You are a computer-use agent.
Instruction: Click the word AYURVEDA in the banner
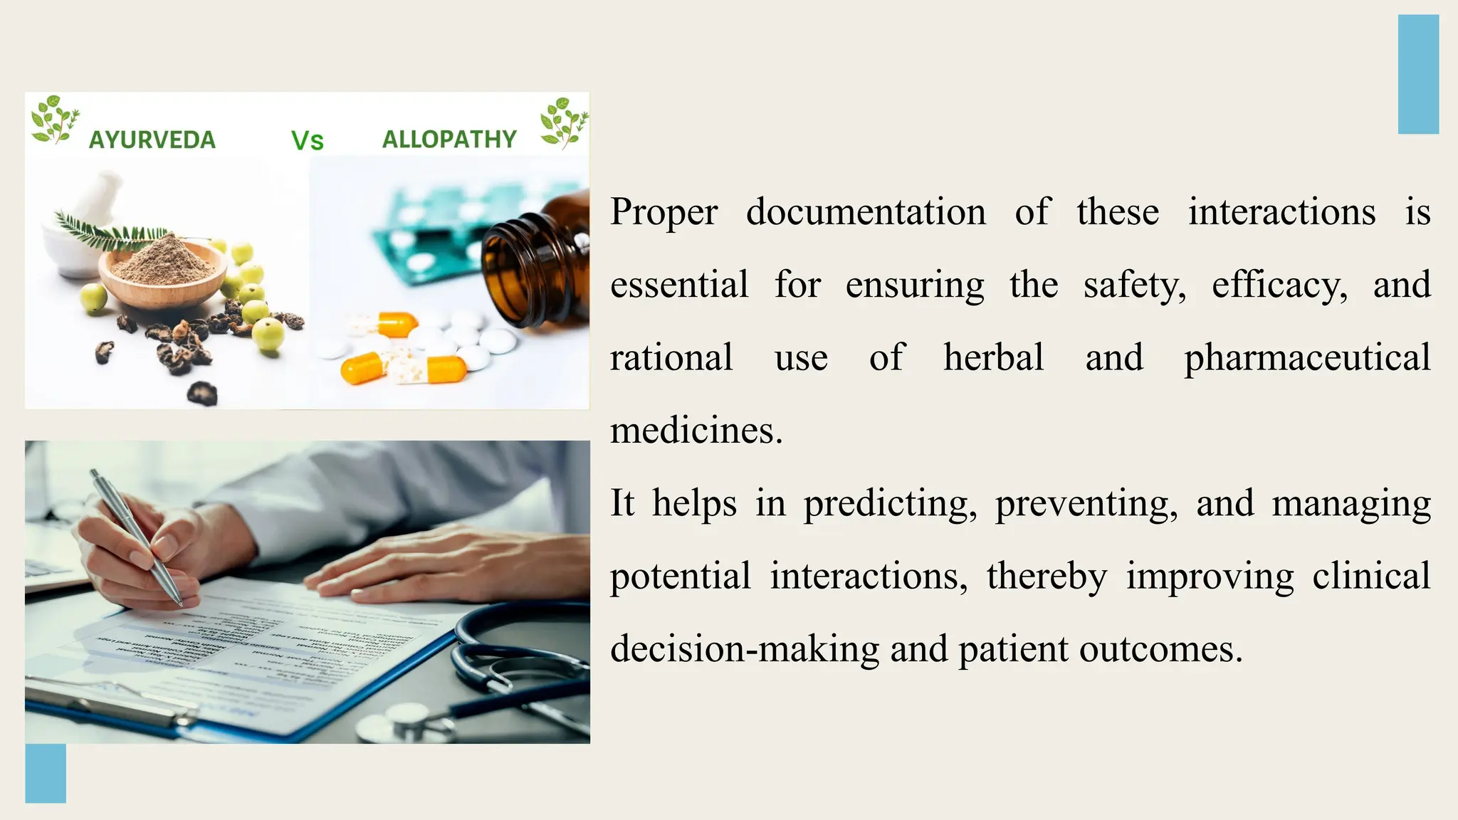(152, 140)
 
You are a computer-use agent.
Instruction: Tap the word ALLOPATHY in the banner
(449, 139)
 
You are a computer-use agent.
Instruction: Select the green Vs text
(308, 141)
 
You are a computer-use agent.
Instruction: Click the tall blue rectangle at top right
(1418, 74)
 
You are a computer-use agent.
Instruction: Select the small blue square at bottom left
(46, 773)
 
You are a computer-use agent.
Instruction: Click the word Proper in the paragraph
(664, 212)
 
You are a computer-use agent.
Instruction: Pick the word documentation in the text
(866, 212)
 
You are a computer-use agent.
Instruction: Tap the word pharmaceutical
(1307, 358)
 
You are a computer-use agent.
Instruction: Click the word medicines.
(696, 431)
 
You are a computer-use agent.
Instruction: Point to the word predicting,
(890, 504)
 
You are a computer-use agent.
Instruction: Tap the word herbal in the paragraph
(993, 358)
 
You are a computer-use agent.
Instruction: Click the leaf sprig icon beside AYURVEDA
(54, 120)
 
